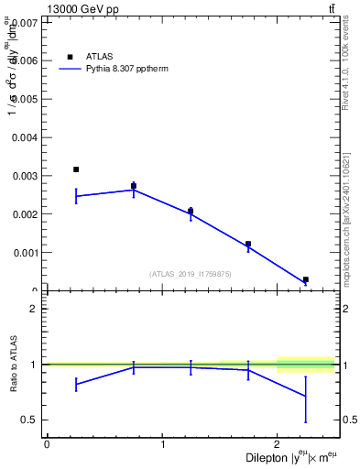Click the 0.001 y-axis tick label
24,252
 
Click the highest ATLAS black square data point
76,169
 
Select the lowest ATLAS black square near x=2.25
306,279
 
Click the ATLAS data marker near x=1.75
248,244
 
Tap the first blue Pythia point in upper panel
76,196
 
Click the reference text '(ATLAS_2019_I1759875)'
191,273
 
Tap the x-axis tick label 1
162,444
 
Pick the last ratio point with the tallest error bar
306,396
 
